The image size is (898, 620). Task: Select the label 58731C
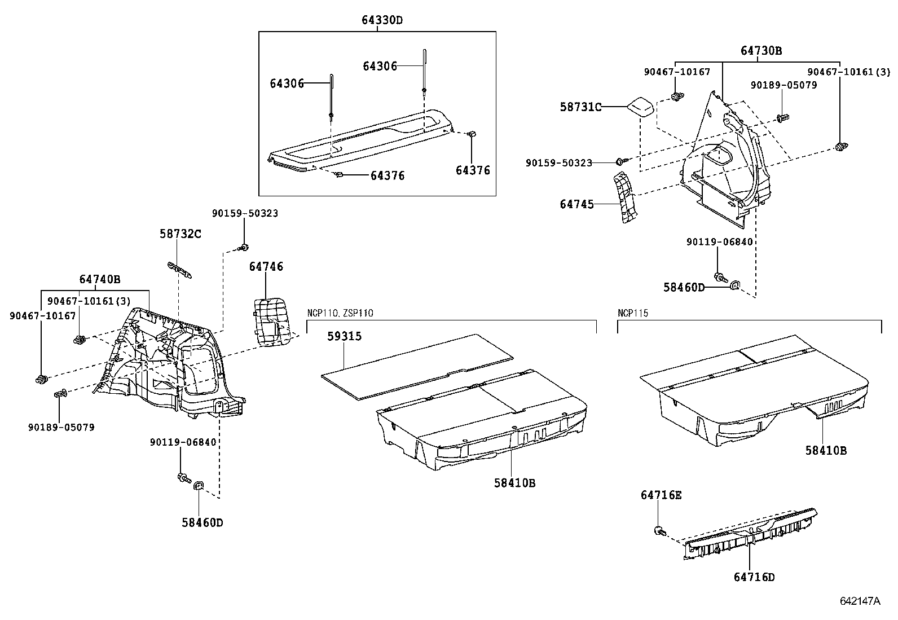[580, 107]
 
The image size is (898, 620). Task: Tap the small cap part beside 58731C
[640, 107]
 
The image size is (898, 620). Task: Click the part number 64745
[576, 204]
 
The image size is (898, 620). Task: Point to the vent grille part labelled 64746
[271, 320]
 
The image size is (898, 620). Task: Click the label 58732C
[179, 234]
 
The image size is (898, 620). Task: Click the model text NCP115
[633, 313]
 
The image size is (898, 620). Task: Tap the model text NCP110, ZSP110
[340, 313]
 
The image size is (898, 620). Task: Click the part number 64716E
[661, 495]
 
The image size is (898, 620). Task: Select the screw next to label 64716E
[659, 530]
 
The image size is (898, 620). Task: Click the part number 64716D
[754, 577]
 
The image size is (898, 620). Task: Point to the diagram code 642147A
[860, 601]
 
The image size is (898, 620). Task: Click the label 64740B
[100, 279]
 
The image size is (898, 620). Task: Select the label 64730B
[761, 50]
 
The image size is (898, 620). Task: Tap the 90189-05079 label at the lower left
[61, 427]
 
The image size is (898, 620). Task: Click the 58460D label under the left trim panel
[202, 522]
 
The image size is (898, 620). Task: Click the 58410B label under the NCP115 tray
[826, 450]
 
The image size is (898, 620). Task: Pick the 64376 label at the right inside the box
[473, 170]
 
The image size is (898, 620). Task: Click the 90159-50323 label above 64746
[245, 213]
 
